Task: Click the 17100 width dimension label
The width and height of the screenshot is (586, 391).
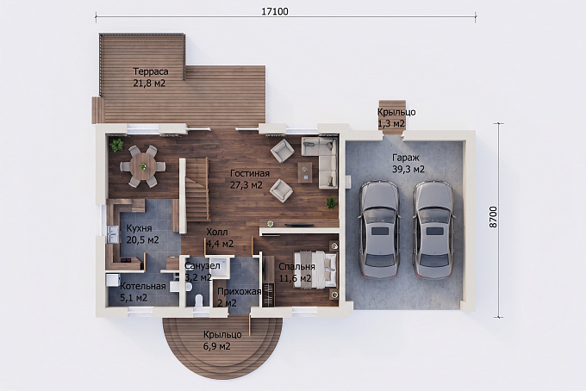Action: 275,11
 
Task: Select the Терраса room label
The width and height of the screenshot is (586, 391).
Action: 151,71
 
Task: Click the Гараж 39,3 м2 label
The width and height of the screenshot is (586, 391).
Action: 408,163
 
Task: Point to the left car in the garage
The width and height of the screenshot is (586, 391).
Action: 379,230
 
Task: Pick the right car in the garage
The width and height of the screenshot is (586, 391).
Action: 433,230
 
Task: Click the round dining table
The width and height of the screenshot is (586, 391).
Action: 143,166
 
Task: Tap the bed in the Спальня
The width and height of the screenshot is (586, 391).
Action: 315,269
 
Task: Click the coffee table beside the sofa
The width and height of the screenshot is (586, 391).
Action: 305,172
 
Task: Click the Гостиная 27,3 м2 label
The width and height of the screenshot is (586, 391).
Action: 250,179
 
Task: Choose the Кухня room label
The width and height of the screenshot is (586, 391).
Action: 139,228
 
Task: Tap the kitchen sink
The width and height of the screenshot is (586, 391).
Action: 112,235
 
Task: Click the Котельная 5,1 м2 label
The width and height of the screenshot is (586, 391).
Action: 143,292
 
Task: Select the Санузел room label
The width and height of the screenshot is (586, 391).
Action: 203,266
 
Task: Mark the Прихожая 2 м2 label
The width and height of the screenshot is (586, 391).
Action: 239,297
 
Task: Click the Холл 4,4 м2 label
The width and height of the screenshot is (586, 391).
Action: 220,238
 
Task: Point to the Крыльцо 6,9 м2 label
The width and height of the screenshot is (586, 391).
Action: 222,340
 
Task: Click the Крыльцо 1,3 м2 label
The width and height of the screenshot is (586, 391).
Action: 396,118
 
